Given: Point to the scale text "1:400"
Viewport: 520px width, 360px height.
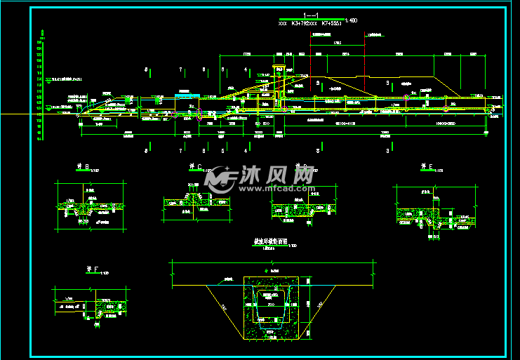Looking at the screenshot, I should point(349,22).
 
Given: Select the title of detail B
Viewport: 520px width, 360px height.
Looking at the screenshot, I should point(84,168).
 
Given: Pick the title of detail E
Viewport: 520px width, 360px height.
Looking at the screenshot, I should point(425,167).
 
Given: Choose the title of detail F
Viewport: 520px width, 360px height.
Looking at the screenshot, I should point(89,272).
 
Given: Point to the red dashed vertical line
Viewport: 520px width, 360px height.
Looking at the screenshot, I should point(309,63).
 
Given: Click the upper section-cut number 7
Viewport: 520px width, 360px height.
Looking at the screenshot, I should point(181,70).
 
